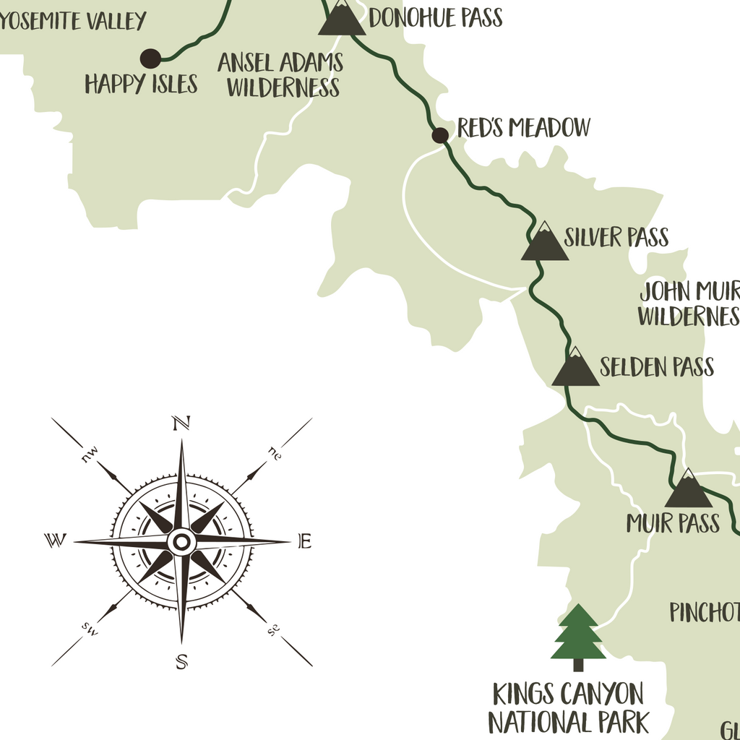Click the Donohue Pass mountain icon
pos(342,19)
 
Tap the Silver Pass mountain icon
pos(544,244)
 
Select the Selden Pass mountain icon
pos(575,369)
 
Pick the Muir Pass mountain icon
pos(688,491)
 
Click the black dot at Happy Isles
pos(150,58)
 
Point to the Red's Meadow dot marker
pos(439,135)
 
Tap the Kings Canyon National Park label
pos(568,708)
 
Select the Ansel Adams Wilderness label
pos(281,75)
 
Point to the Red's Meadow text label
pos(524,129)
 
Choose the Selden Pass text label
pos(657,367)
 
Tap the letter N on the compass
pos(180,423)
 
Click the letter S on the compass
pos(182,661)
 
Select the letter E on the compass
pos(305,541)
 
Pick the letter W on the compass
pos(55,540)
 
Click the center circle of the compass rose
pos(181,541)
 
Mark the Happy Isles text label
pos(141,85)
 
